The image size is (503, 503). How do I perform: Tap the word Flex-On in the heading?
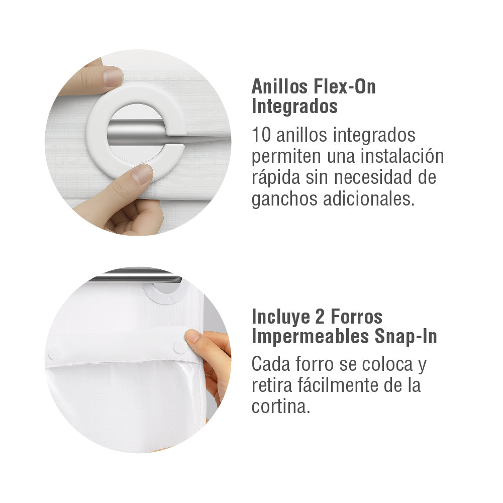click(346, 87)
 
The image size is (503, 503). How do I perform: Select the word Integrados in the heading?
click(294, 107)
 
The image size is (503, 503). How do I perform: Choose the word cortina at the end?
click(280, 407)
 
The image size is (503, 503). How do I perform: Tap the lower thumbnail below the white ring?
click(143, 174)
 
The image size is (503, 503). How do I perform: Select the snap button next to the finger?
click(179, 346)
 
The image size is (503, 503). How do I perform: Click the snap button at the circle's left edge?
click(54, 353)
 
